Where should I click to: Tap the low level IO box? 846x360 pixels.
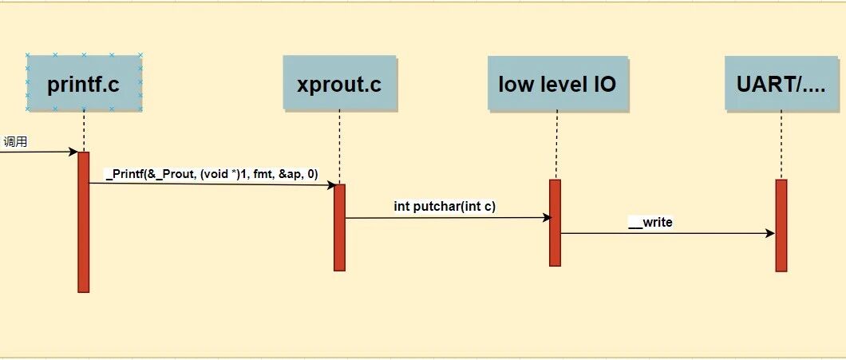pos(557,83)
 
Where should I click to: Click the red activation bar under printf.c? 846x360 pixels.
pos(83,222)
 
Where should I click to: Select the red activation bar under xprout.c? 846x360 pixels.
pos(339,227)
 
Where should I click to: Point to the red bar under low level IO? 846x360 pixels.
pos(555,223)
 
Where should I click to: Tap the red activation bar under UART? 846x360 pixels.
pos(781,225)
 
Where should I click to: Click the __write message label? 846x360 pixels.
pos(650,222)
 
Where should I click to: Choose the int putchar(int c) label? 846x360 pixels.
pos(445,206)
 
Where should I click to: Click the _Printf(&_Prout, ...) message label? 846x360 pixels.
pos(212,174)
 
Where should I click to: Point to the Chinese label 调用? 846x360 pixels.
pos(15,142)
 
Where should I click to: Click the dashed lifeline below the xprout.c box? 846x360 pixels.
pos(339,147)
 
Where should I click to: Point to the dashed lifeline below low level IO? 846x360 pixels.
pos(557,145)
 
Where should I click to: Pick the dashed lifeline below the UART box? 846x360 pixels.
pos(781,145)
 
